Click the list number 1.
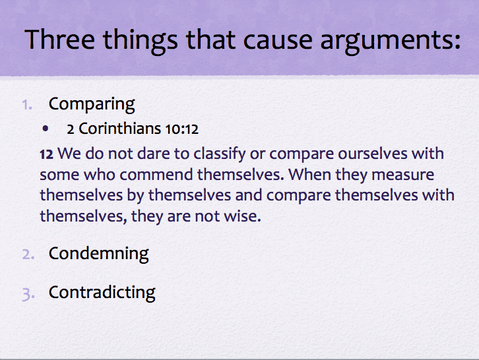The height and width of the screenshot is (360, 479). click(x=26, y=104)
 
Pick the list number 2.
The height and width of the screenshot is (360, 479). click(x=27, y=254)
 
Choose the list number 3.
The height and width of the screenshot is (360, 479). click(x=27, y=293)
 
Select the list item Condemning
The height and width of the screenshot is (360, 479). click(x=98, y=253)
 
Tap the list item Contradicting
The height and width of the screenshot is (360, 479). click(x=102, y=292)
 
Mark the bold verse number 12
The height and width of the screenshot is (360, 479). click(x=46, y=154)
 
